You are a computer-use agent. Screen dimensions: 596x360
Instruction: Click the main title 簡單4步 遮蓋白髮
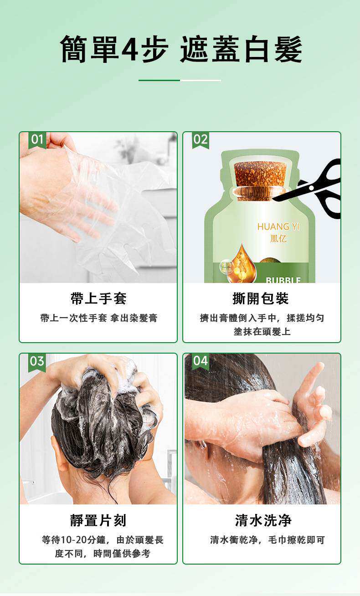181,49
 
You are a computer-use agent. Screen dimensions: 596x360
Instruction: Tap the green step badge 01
37,139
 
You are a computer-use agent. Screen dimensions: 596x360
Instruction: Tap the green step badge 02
200,139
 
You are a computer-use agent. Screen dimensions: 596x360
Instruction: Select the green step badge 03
37,361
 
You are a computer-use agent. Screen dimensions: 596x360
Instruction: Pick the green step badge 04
200,361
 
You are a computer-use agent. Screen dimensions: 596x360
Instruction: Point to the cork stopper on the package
260,175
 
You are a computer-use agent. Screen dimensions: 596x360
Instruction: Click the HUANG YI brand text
279,226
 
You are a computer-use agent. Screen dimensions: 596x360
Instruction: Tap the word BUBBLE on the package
283,279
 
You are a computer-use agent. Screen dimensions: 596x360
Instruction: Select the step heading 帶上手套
98,299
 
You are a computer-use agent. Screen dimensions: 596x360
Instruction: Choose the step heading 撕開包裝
261,299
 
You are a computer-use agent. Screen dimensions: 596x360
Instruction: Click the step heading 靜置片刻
98,520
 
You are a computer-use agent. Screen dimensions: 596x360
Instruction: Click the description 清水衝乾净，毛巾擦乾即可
267,540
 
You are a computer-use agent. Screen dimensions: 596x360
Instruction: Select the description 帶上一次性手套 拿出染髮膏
98,318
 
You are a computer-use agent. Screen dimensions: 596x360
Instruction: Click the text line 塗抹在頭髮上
262,332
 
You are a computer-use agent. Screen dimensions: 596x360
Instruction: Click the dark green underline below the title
159,80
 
